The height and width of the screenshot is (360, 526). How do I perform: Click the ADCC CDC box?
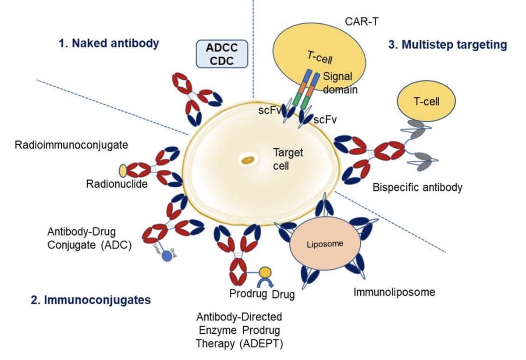click(x=221, y=54)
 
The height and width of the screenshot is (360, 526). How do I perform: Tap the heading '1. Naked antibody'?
click(x=108, y=43)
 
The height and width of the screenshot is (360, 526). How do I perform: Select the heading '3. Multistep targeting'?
click(x=448, y=44)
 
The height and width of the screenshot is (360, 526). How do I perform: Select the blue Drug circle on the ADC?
click(x=167, y=256)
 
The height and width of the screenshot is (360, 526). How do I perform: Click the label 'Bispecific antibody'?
click(x=417, y=188)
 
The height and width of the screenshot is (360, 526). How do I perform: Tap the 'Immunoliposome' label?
click(x=394, y=292)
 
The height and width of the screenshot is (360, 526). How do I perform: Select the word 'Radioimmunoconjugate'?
click(x=71, y=145)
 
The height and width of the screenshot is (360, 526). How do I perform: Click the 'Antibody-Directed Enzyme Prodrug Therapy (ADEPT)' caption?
click(x=239, y=329)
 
